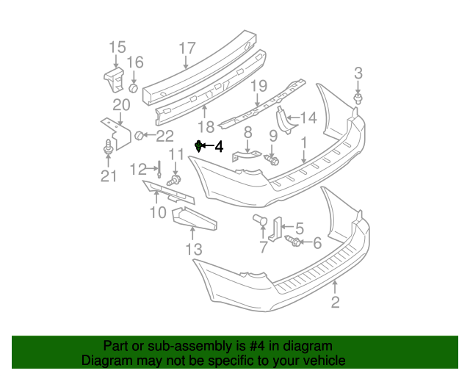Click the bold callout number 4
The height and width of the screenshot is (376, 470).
pyautogui.click(x=218, y=147)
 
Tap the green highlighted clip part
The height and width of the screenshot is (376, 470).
pyautogui.click(x=198, y=147)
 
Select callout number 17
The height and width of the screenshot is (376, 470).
pyautogui.click(x=187, y=48)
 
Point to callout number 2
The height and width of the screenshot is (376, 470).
pyautogui.click(x=336, y=302)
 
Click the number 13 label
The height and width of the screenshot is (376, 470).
pyautogui.click(x=193, y=250)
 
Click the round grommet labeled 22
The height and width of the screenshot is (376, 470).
pyautogui.click(x=138, y=135)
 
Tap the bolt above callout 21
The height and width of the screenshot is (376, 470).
pyautogui.click(x=109, y=148)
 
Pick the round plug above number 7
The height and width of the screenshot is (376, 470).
pyautogui.click(x=258, y=220)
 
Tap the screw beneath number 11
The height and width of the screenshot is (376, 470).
pyautogui.click(x=175, y=180)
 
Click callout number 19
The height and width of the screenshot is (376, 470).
pyautogui.click(x=258, y=87)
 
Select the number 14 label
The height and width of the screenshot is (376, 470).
pyautogui.click(x=308, y=117)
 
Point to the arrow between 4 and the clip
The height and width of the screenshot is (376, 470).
pyautogui.click(x=208, y=147)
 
